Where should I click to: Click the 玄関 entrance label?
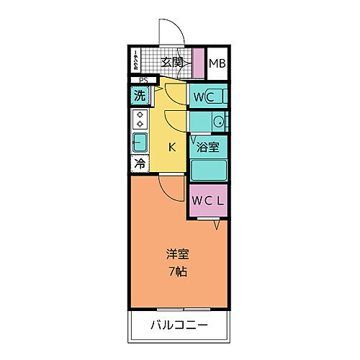tap(171, 63)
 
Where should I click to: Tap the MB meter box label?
tap(217, 63)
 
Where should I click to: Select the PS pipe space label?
tap(143, 80)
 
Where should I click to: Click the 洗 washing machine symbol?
tap(139, 94)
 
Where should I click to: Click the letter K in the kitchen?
tap(172, 148)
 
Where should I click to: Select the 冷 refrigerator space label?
tap(139, 163)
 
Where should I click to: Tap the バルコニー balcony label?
tap(180, 325)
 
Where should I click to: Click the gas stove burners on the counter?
tap(139, 119)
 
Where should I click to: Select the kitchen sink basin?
tap(139, 142)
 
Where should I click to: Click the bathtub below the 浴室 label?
tap(209, 170)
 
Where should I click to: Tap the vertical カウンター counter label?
tap(135, 63)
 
